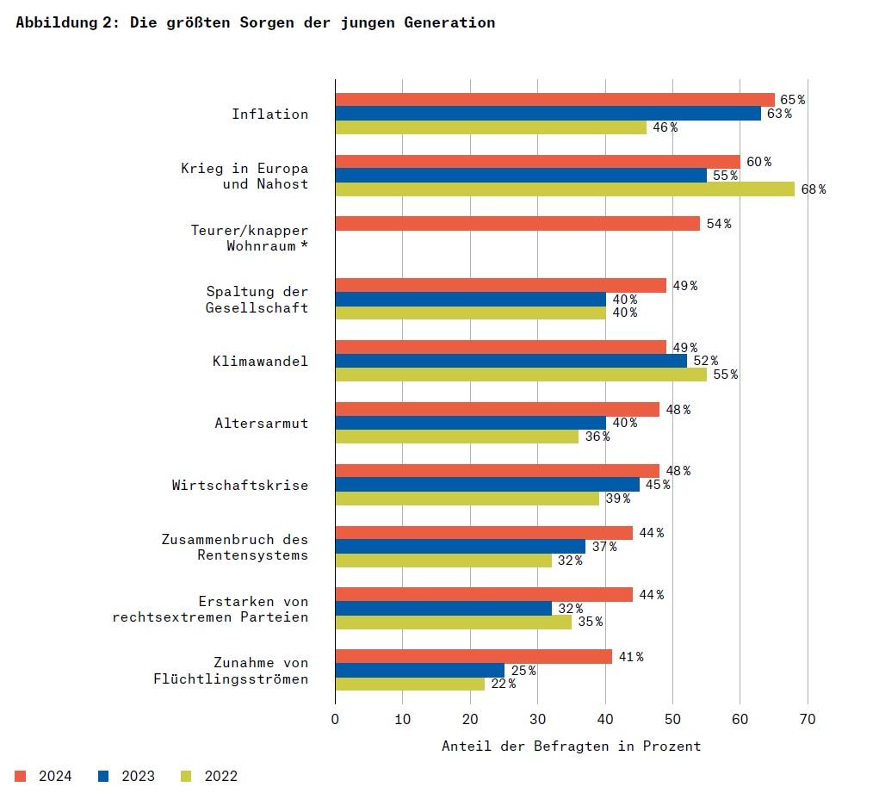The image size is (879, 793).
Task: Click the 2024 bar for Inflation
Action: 554,100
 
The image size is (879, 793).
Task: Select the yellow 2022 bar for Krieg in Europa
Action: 565,189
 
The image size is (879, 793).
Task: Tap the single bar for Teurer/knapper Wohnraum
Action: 517,224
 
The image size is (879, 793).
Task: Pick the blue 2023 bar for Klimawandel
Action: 511,361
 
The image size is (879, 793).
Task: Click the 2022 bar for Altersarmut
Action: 456,437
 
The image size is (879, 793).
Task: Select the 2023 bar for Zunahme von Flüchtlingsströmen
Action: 419,670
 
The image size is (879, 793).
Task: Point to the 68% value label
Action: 813,189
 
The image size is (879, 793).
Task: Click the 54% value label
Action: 718,224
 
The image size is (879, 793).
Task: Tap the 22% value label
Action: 503,684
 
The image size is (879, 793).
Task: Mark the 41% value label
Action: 630,657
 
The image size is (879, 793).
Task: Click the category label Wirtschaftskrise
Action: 239,485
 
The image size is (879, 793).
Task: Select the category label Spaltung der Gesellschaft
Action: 257,300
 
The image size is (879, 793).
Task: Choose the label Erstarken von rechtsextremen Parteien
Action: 210,609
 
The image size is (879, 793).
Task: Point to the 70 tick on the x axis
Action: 807,719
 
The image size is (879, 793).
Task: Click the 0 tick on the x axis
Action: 335,719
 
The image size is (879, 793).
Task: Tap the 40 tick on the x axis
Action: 604,719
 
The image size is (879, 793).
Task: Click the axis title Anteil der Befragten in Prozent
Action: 571,746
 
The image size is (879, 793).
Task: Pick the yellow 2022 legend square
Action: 186,776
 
